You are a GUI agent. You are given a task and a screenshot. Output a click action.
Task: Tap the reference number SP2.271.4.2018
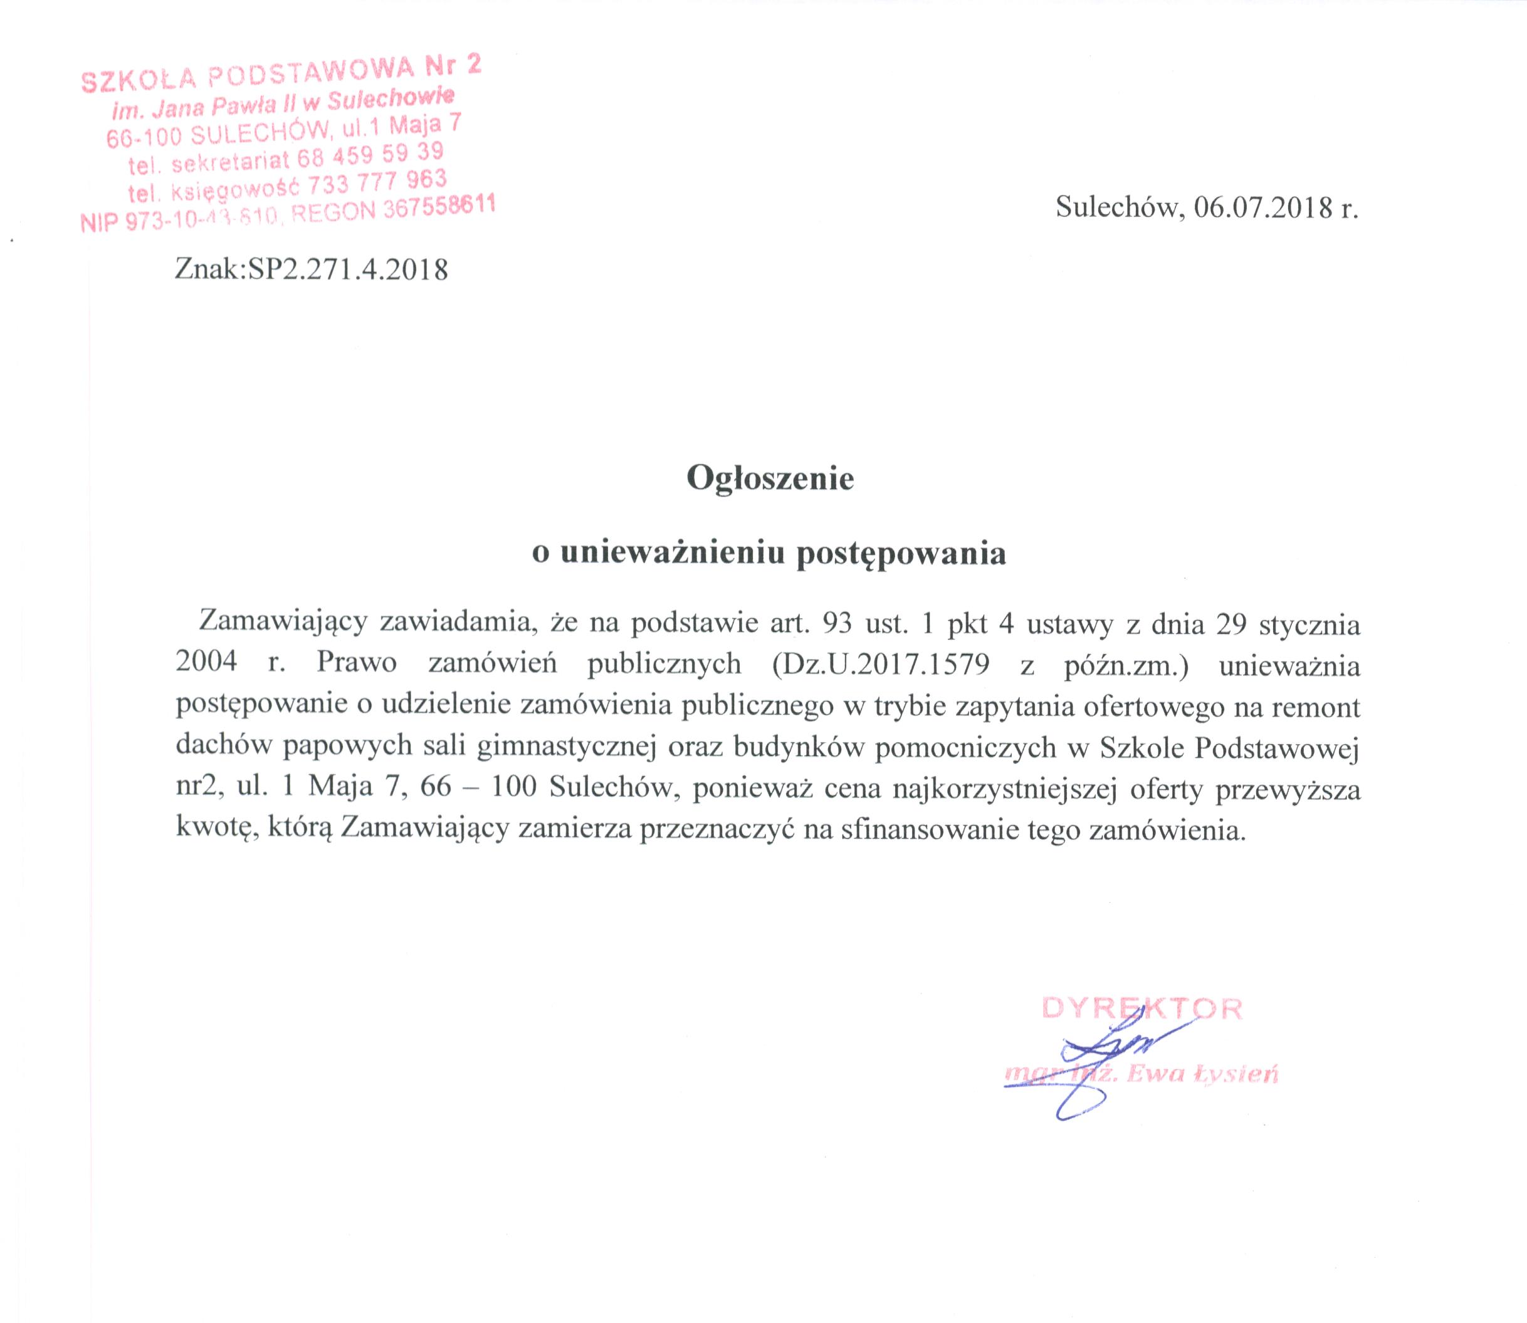pyautogui.click(x=348, y=270)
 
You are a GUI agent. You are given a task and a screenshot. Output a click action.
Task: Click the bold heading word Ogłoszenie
pyautogui.click(x=770, y=479)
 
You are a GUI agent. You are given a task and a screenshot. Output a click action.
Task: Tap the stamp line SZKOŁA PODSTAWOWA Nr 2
pyautogui.click(x=281, y=75)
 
